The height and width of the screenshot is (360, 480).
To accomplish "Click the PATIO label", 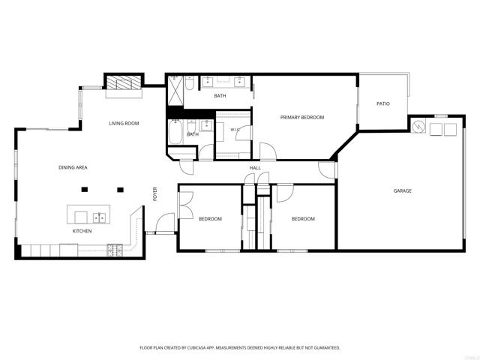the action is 383,103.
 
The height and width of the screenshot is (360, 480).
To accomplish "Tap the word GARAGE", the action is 402,190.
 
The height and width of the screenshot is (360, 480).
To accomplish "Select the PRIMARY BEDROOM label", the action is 301,117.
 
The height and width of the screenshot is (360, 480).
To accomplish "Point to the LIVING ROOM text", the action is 124,123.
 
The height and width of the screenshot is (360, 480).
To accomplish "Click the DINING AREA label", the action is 73,167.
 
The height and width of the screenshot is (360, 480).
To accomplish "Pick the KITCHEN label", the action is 82,231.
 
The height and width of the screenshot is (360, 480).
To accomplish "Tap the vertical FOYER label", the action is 155,194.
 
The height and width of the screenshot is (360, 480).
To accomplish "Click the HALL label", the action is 255,168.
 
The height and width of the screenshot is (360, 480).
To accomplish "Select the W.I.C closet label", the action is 235,130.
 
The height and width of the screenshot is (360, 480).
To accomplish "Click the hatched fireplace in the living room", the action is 124,82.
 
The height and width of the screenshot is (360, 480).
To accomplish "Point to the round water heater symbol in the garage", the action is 418,127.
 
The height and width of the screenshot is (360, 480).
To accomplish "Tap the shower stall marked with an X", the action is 175,91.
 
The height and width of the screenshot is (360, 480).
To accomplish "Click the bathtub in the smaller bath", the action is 175,132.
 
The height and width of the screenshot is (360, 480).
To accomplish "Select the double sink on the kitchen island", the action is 99,217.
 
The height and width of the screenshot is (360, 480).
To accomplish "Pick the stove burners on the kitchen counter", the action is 115,250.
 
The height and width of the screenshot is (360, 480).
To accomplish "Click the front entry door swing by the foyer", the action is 165,223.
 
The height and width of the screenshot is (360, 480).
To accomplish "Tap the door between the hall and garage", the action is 327,170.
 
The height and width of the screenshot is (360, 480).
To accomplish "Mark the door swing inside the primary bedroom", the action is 268,151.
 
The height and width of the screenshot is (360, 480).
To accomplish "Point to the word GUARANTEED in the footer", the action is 328,348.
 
